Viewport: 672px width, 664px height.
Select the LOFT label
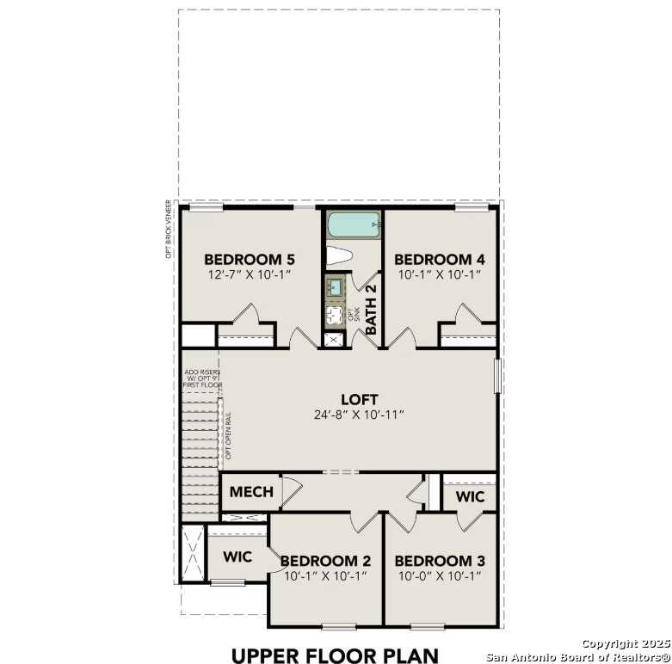(359, 399)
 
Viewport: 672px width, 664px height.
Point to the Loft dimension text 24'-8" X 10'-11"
(359, 415)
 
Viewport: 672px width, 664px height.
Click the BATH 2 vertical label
(372, 310)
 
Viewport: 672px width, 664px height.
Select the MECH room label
(251, 493)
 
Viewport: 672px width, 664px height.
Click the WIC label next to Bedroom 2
(237, 557)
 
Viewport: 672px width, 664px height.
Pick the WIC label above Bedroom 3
(470, 497)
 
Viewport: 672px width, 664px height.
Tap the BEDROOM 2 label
(325, 561)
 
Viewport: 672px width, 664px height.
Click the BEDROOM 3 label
(439, 561)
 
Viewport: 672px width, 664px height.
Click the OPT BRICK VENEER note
(170, 229)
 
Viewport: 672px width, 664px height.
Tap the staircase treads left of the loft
(200, 447)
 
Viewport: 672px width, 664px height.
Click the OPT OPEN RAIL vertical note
(229, 434)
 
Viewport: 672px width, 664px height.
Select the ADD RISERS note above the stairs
(201, 378)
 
